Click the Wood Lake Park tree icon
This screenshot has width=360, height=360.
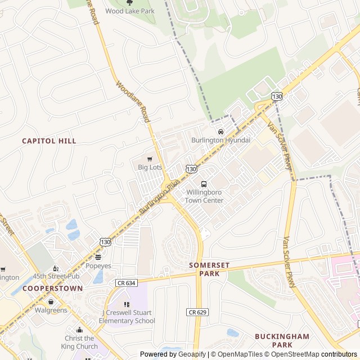pos(129,3)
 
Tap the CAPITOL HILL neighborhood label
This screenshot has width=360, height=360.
pos(49,141)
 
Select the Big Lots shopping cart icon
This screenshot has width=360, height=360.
pos(150,159)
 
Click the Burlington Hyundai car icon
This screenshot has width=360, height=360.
pos(220,132)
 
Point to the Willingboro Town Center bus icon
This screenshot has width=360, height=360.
pos(204,184)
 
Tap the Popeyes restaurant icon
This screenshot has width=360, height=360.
pos(98,257)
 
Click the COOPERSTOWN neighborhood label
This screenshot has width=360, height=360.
pos(52,288)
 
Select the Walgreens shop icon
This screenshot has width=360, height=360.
pos(51,301)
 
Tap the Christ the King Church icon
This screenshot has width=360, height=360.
pos(79,330)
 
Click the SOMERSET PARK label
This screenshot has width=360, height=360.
pos(209,268)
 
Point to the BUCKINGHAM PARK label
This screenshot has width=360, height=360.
pos(282,340)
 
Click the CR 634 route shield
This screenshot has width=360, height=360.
pos(127,282)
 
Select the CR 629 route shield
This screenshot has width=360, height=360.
pos(195,312)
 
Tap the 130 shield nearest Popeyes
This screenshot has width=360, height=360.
pos(105,242)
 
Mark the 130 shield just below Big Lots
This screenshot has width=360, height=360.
pos(192,169)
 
